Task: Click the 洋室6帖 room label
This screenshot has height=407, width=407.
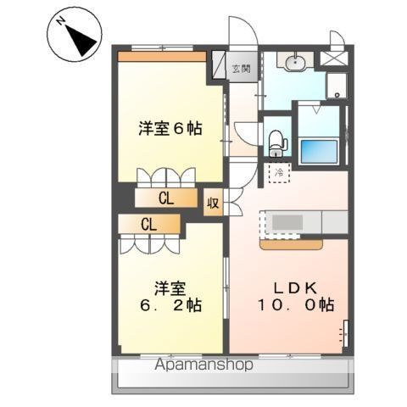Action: tap(170, 130)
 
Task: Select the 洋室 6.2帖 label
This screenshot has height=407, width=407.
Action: tap(170, 295)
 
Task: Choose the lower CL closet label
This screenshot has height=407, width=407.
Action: tap(148, 225)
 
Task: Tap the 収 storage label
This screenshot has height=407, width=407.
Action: tap(213, 204)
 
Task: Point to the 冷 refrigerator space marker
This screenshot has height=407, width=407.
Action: tap(279, 173)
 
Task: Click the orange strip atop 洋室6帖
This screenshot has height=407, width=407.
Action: tap(162, 57)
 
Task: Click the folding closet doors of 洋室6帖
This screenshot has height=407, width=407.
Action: tap(167, 176)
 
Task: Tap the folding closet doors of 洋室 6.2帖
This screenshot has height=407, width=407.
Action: tap(148, 242)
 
